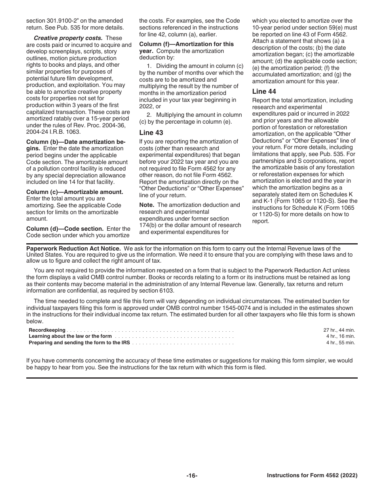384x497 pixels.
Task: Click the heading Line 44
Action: coord(264,92)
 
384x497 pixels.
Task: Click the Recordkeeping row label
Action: coord(47,330)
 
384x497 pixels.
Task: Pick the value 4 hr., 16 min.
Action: coord(340,336)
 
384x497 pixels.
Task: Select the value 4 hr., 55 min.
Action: coord(340,342)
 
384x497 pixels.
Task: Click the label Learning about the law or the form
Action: coord(70,336)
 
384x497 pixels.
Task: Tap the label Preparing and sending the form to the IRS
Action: coord(79,342)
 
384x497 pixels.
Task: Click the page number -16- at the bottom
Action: coord(192,476)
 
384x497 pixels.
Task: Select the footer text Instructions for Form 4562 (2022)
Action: coord(312,476)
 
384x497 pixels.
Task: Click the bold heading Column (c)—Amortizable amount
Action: coord(74,192)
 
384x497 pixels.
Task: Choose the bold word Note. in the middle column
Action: coord(147,205)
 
